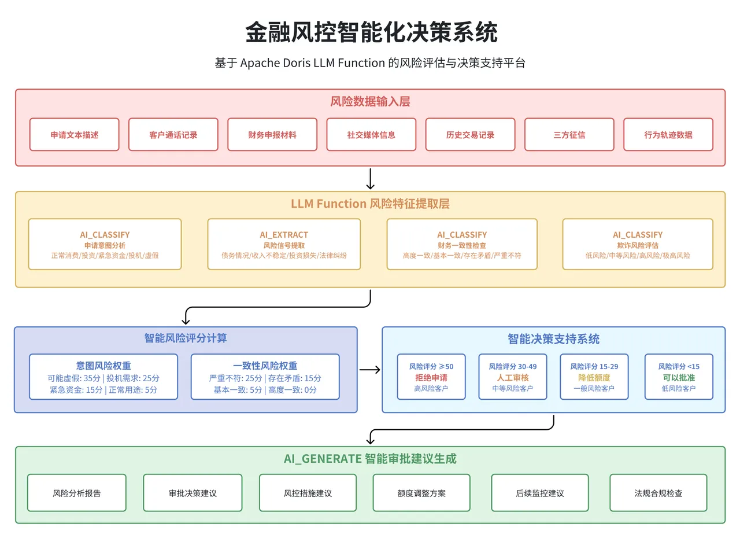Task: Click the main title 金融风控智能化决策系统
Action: point(370,32)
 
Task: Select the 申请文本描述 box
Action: point(74,134)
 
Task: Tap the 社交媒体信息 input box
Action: point(371,134)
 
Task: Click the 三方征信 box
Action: point(569,134)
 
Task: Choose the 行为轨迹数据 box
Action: point(668,134)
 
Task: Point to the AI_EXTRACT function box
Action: point(284,244)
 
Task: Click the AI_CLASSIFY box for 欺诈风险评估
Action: point(637,244)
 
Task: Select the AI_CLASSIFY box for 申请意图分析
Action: point(105,244)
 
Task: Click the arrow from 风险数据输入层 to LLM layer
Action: point(370,179)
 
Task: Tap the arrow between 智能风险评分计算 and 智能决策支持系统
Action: point(369,370)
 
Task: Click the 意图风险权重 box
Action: point(103,377)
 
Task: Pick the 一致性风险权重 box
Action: point(265,377)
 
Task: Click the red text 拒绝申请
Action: point(431,378)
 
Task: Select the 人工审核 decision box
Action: point(512,377)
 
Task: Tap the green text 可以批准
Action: point(679,378)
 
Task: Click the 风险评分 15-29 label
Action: point(594,366)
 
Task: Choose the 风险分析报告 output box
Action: point(76,493)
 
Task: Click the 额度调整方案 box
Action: point(421,493)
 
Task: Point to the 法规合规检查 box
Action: point(658,493)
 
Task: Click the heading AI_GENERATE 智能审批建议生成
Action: point(370,459)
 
